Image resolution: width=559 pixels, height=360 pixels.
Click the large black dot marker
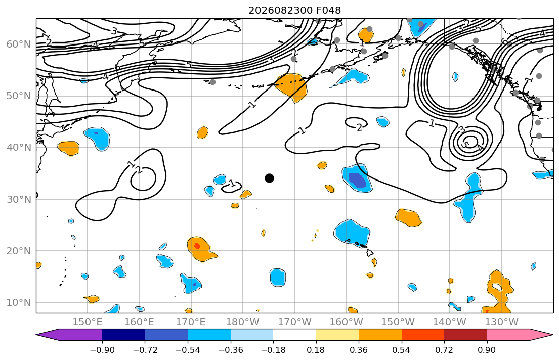[x=269, y=178]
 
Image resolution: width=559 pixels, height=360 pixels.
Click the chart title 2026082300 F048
[x=294, y=10]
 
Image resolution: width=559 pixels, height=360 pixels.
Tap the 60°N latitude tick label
[x=19, y=44]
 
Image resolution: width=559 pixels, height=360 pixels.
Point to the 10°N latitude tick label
[x=19, y=303]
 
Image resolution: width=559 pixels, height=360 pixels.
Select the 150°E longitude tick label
[x=88, y=322]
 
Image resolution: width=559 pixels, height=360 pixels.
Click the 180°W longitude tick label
[x=243, y=322]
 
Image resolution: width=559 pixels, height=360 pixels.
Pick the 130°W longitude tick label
[x=502, y=322]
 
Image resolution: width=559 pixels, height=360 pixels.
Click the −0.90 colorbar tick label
[x=102, y=350]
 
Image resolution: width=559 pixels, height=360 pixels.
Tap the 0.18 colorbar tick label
[x=316, y=350]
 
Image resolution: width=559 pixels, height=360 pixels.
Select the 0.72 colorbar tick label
[x=444, y=350]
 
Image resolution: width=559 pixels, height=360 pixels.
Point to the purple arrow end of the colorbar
[x=69, y=335]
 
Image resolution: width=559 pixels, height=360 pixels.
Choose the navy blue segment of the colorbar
[x=123, y=335]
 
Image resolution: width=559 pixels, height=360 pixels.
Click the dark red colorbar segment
[x=465, y=335]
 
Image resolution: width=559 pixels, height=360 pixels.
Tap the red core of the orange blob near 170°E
[x=197, y=246]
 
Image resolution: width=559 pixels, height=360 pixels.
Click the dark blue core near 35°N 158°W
[x=357, y=179]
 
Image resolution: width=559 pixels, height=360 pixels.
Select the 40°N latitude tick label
[x=19, y=147]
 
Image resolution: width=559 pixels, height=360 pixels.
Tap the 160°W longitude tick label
[x=347, y=322]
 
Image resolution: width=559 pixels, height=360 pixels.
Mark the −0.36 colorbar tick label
[x=231, y=350]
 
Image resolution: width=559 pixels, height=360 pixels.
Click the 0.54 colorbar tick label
[x=402, y=350]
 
